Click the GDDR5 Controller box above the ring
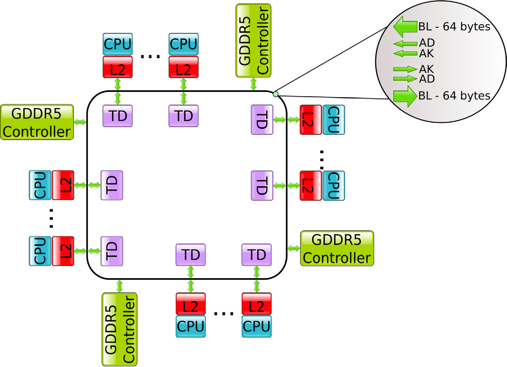[253, 40]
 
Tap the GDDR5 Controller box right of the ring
[337, 248]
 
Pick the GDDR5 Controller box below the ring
[119, 329]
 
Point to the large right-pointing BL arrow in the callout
[405, 95]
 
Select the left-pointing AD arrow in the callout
[405, 44]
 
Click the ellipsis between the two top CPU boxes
[151, 56]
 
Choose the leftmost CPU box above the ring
[117, 44]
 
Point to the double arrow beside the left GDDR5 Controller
[81, 122]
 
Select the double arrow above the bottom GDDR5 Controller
[119, 285]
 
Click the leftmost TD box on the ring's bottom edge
[190, 255]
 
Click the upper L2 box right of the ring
[310, 119]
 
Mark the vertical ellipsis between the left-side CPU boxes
[51, 218]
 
